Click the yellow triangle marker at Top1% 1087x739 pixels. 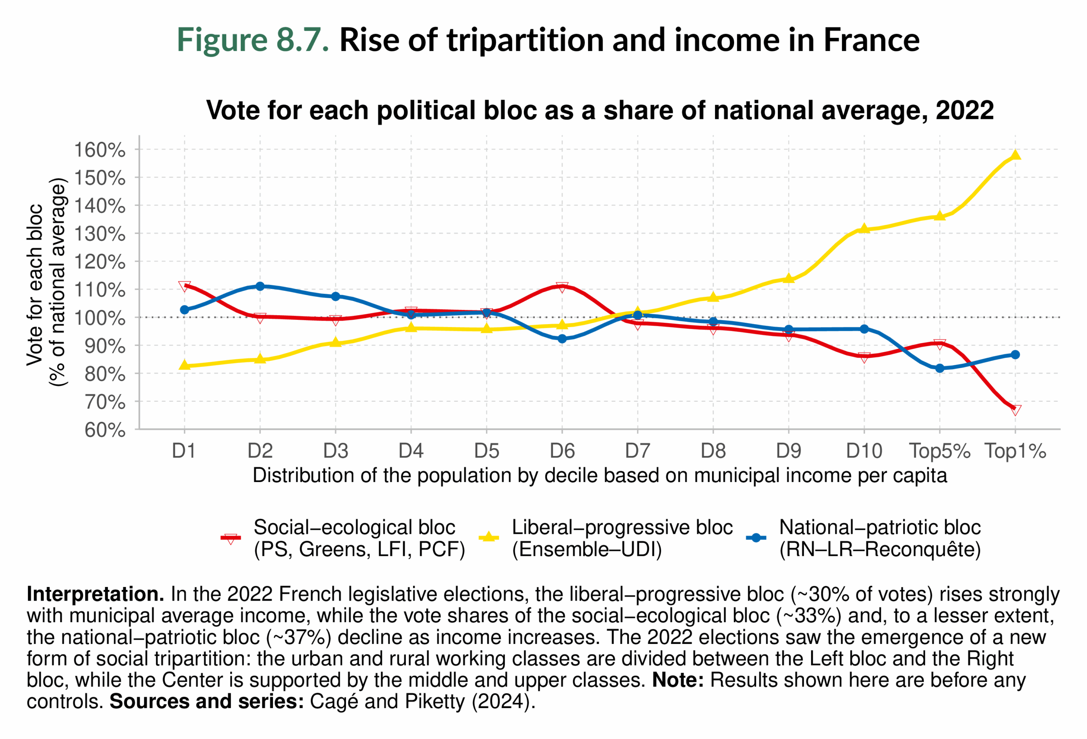click(x=1015, y=155)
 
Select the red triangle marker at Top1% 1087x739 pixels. click(x=1015, y=410)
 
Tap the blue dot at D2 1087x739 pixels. click(x=260, y=286)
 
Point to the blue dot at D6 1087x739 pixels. click(x=562, y=338)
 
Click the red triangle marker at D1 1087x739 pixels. click(x=184, y=286)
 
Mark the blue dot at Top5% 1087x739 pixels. click(x=940, y=368)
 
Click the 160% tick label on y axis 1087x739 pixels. click(x=100, y=150)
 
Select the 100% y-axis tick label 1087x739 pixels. click(x=100, y=318)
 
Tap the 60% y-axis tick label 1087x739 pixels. click(x=105, y=430)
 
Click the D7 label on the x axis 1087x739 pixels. click(x=637, y=451)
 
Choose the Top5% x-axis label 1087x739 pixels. click(x=939, y=451)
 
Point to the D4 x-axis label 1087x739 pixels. click(x=411, y=451)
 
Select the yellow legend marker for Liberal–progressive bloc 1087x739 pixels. click(x=489, y=537)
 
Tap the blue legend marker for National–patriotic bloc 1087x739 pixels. click(x=756, y=538)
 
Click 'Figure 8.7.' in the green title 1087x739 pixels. click(x=253, y=40)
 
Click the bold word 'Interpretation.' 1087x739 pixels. click(x=96, y=594)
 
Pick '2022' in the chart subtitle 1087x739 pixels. click(x=964, y=111)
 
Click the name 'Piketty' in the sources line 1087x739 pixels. click(x=435, y=702)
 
